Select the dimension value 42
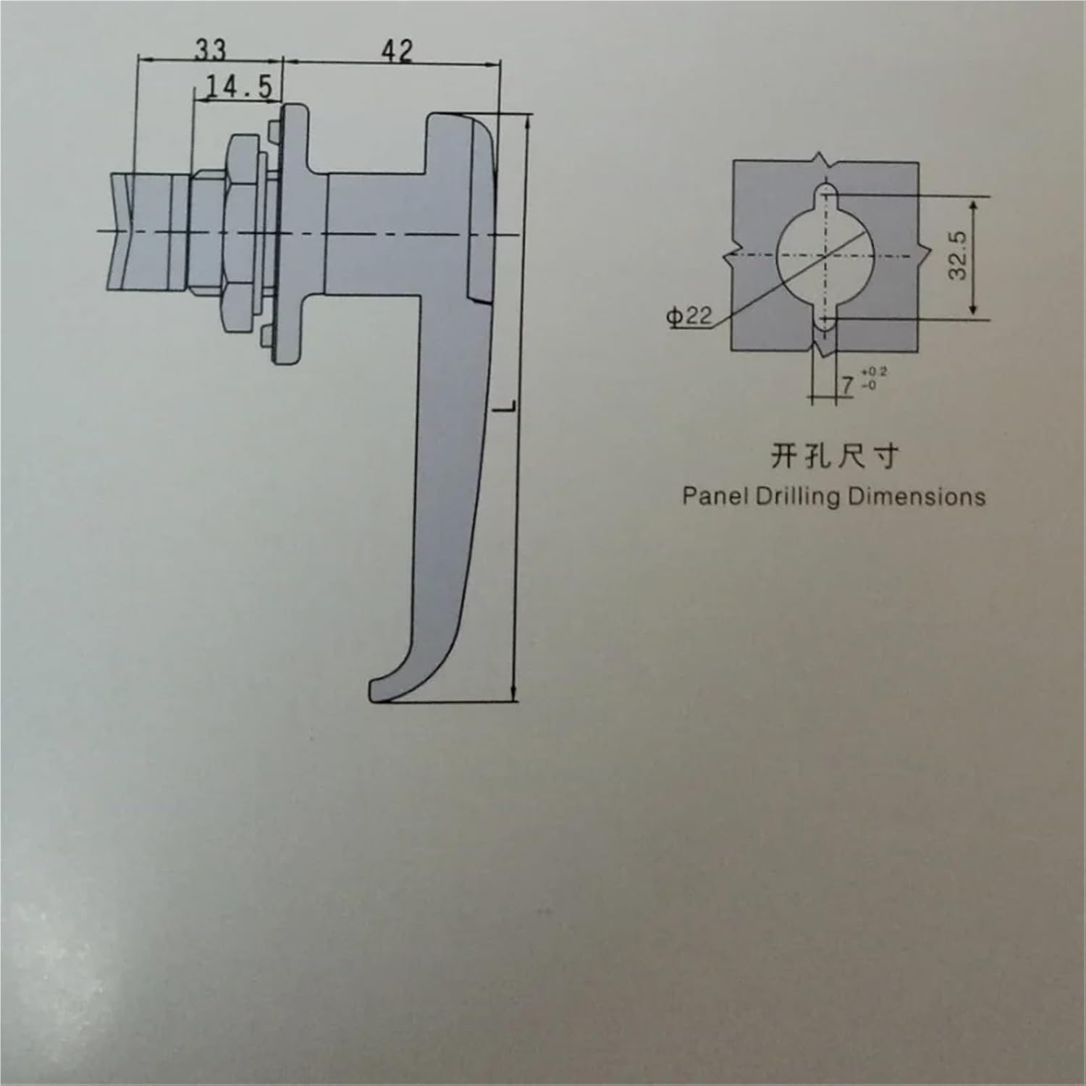tap(397, 51)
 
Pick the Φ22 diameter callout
tap(690, 316)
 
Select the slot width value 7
tap(847, 384)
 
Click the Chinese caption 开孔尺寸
tap(833, 456)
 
